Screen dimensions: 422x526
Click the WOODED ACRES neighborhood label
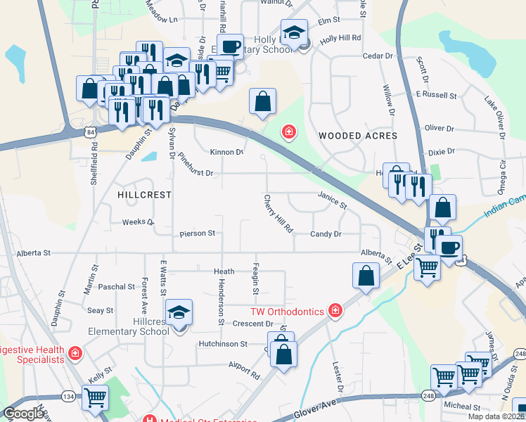357,136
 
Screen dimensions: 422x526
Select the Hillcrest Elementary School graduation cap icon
179,310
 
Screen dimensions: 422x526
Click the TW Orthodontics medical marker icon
336,311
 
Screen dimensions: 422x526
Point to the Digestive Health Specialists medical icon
75,352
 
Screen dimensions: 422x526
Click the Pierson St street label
197,233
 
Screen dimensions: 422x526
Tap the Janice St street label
332,201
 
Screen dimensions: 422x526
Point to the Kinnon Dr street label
227,152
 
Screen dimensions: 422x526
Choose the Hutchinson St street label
223,344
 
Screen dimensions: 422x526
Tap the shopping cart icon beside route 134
95,397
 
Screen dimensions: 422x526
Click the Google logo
25,414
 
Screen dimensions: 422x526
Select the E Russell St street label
436,94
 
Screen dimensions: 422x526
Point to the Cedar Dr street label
377,56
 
